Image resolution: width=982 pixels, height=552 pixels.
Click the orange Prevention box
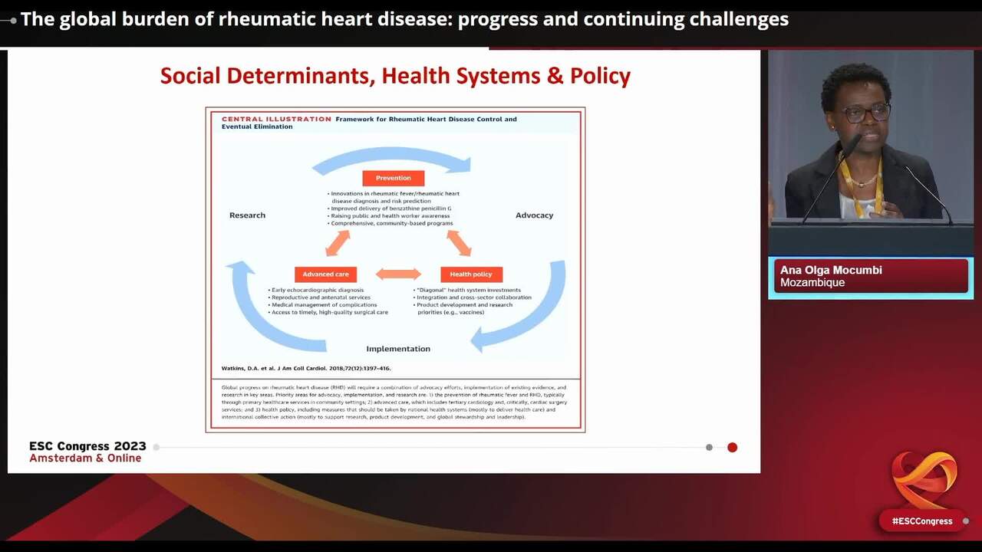[393, 178]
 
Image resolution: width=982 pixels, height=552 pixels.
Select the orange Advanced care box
[325, 274]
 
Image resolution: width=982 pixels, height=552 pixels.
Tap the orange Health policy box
[471, 274]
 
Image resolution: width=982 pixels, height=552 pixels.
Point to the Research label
[247, 215]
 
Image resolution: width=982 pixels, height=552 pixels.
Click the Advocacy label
[534, 215]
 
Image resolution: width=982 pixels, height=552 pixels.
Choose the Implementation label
[398, 349]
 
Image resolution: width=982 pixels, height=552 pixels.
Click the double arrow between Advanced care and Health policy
[398, 274]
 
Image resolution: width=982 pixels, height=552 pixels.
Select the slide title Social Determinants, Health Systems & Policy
[395, 76]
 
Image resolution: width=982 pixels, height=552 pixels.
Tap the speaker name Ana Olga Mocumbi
[831, 270]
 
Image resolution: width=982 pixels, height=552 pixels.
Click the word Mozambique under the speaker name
[812, 283]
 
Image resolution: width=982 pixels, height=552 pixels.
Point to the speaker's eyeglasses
[865, 113]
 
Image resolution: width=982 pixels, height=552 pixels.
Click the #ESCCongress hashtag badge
[921, 521]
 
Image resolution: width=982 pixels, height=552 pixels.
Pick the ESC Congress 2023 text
[87, 446]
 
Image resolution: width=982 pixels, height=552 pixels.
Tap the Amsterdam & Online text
[85, 458]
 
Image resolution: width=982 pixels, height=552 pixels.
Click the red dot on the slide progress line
[732, 447]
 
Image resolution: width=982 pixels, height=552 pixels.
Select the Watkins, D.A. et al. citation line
[306, 369]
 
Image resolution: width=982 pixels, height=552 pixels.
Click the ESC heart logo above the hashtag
[924, 479]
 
